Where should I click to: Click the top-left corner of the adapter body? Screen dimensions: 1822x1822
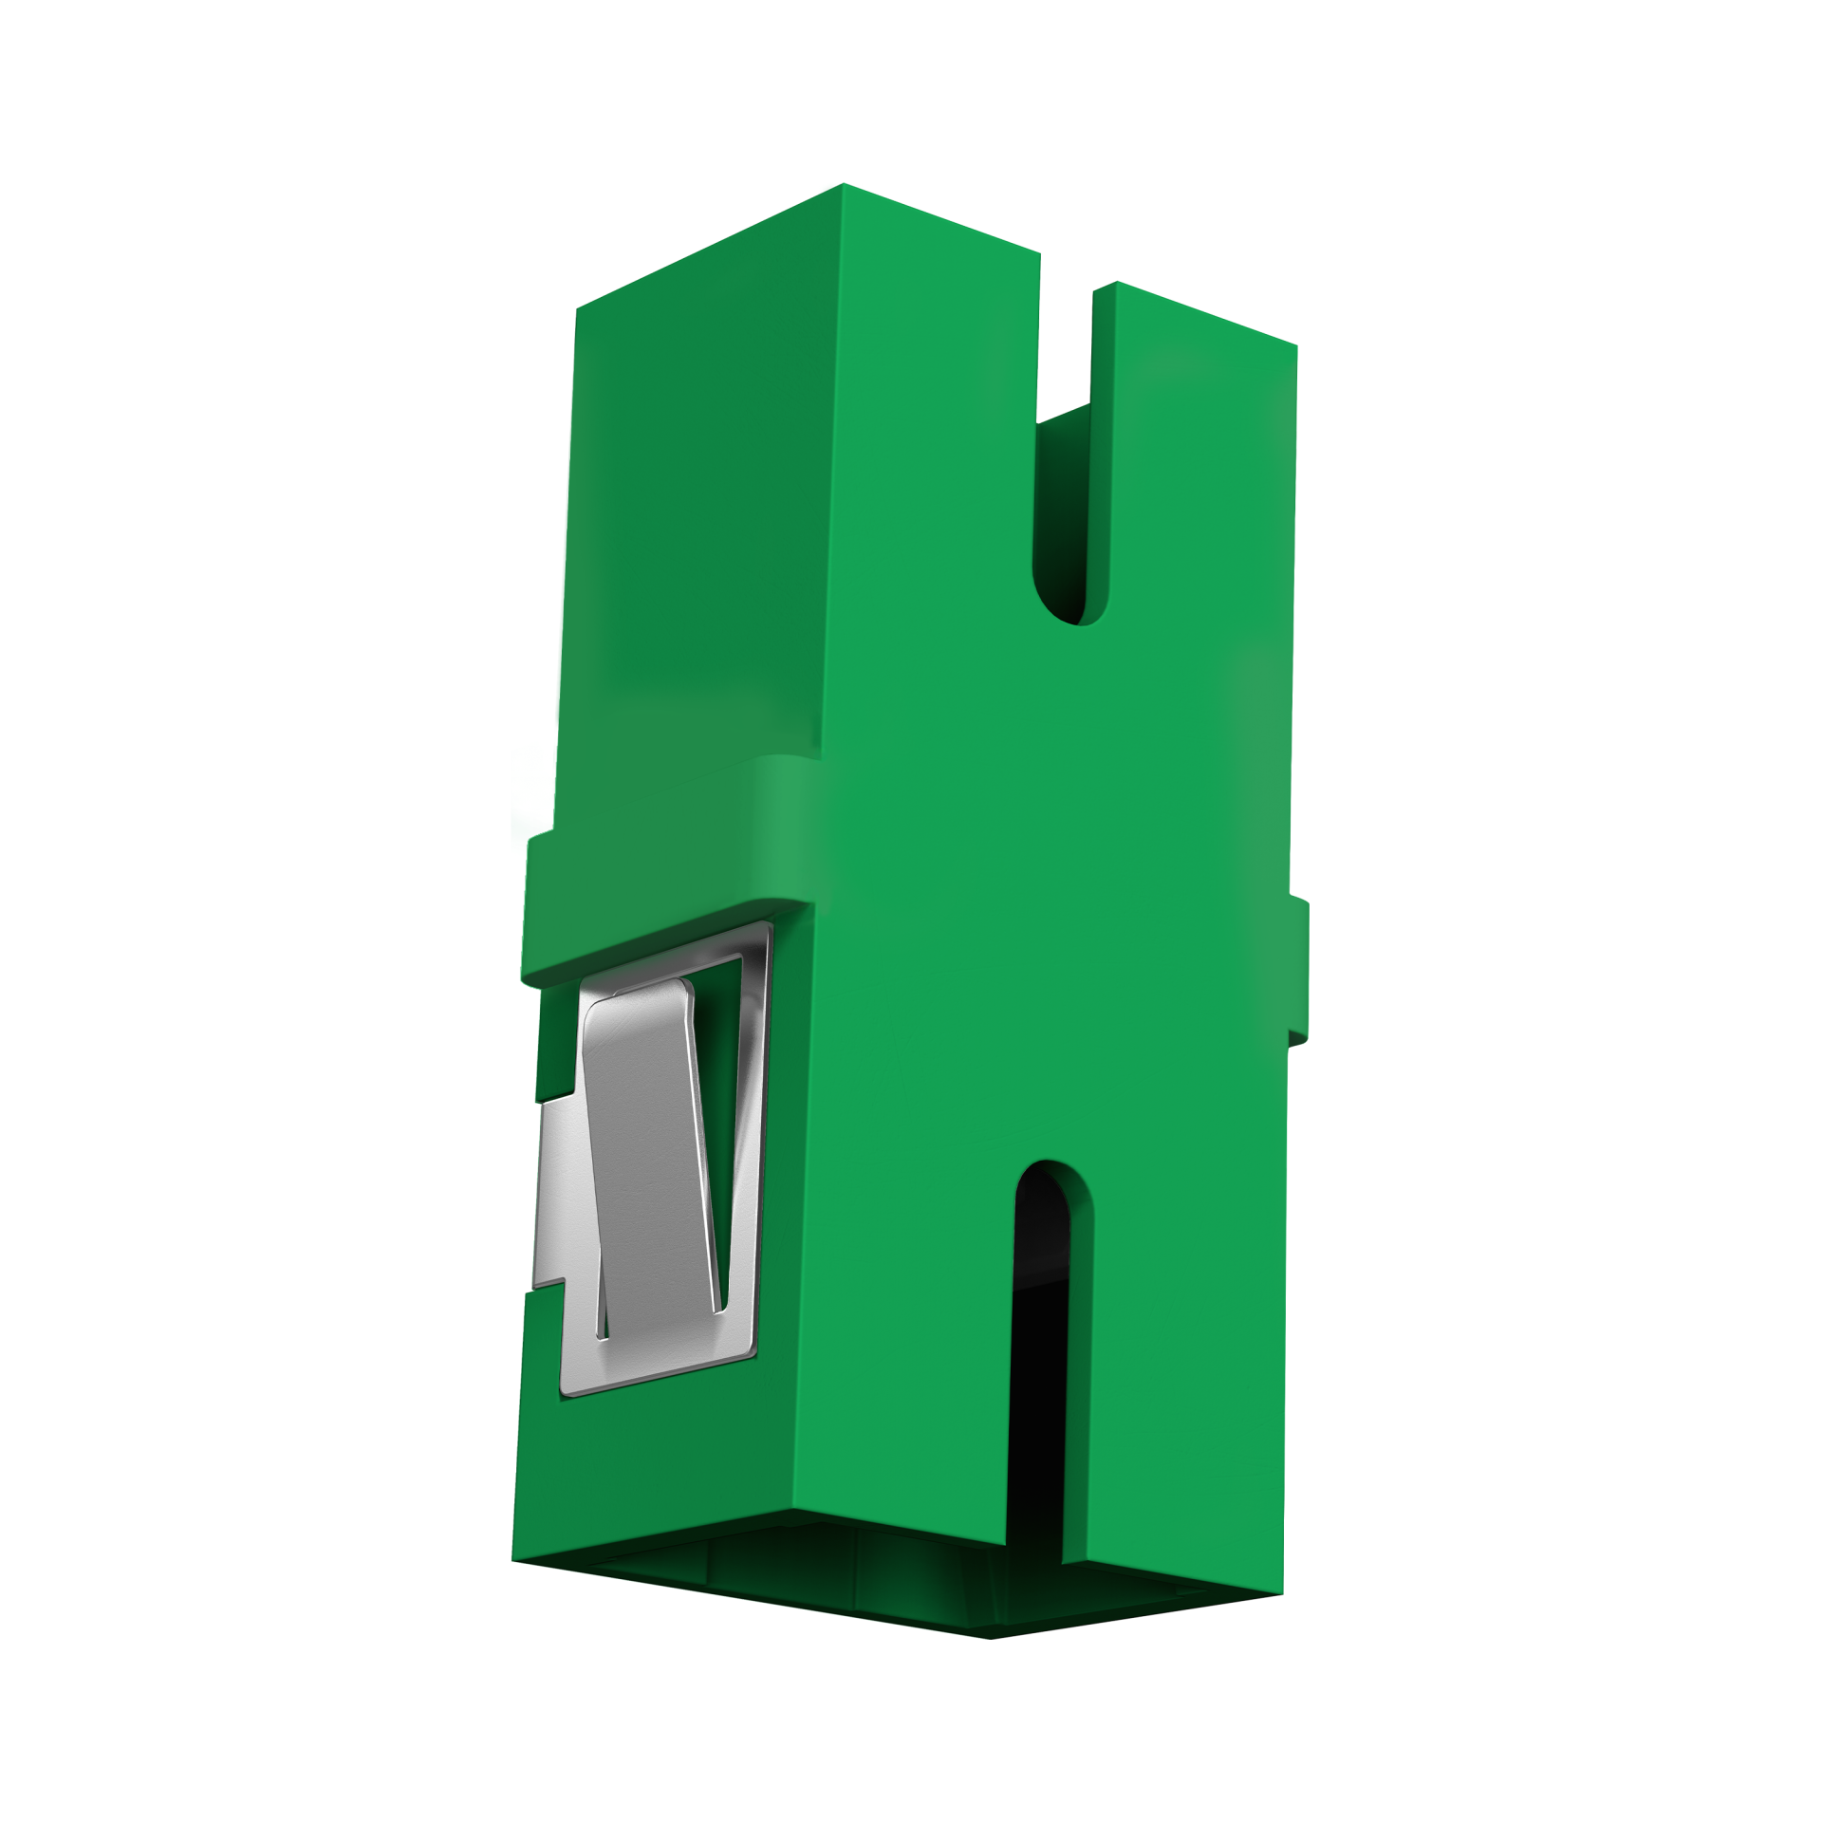(578, 308)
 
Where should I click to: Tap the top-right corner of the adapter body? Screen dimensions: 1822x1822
(1295, 345)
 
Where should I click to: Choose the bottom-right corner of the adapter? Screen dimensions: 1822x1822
(1283, 1593)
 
